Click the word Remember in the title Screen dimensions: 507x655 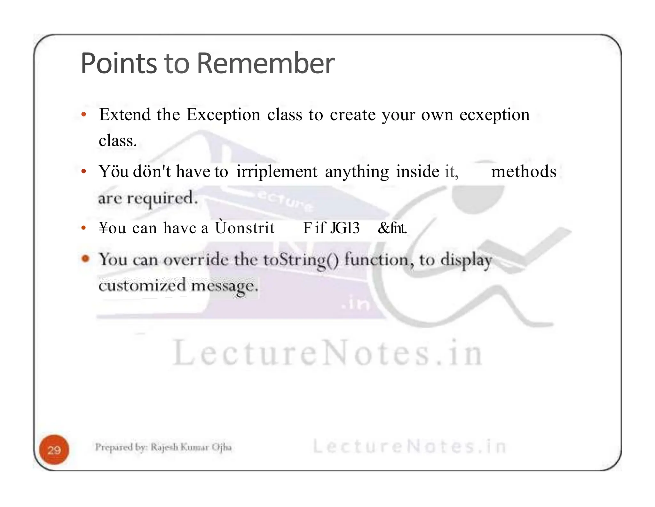point(265,63)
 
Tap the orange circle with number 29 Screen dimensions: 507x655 point(54,450)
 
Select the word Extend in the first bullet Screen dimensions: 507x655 point(125,115)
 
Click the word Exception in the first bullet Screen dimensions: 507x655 point(223,115)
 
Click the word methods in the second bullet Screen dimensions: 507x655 point(524,171)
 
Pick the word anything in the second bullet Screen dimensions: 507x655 point(357,172)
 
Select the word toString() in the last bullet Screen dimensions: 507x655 point(301,260)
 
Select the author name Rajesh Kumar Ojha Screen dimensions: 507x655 point(191,447)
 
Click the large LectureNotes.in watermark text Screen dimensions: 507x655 point(327,353)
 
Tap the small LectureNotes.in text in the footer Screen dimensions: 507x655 point(409,446)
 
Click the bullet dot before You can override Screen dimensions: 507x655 point(85,258)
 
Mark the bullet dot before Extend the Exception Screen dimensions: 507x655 point(84,115)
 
